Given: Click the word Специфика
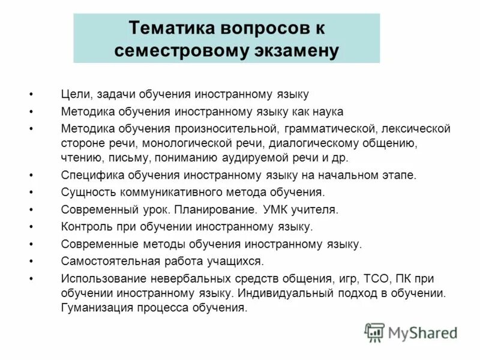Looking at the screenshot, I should click(86, 176).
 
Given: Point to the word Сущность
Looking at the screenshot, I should click(85, 193).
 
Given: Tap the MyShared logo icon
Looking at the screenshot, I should click(374, 332).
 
